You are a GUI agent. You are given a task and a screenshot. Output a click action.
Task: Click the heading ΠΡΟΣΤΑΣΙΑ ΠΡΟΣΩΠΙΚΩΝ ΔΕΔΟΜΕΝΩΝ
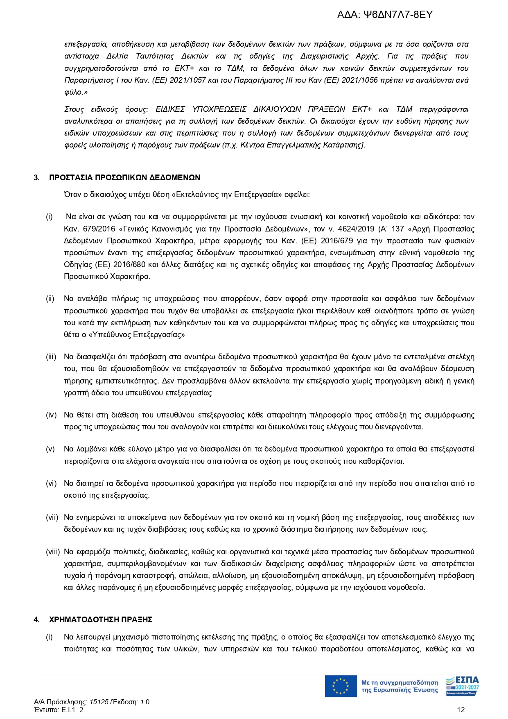point(124,177)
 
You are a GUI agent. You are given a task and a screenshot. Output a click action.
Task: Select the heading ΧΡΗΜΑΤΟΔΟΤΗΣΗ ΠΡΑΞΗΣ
point(101,619)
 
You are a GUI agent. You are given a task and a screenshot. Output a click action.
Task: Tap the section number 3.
point(37,177)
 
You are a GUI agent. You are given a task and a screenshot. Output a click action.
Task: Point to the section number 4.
point(37,619)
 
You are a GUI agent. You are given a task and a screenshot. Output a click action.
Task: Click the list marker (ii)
point(50,299)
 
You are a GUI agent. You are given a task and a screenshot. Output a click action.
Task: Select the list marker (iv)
point(51,415)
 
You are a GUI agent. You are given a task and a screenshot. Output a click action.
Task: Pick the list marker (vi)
point(51,483)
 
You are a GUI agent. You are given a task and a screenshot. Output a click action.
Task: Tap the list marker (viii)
point(53,552)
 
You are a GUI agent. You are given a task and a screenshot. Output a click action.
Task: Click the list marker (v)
point(50,449)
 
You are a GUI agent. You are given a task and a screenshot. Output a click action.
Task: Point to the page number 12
point(461,710)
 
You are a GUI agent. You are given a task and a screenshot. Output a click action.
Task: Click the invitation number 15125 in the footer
point(99,702)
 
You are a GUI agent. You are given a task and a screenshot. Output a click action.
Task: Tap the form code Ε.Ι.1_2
point(72,710)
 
